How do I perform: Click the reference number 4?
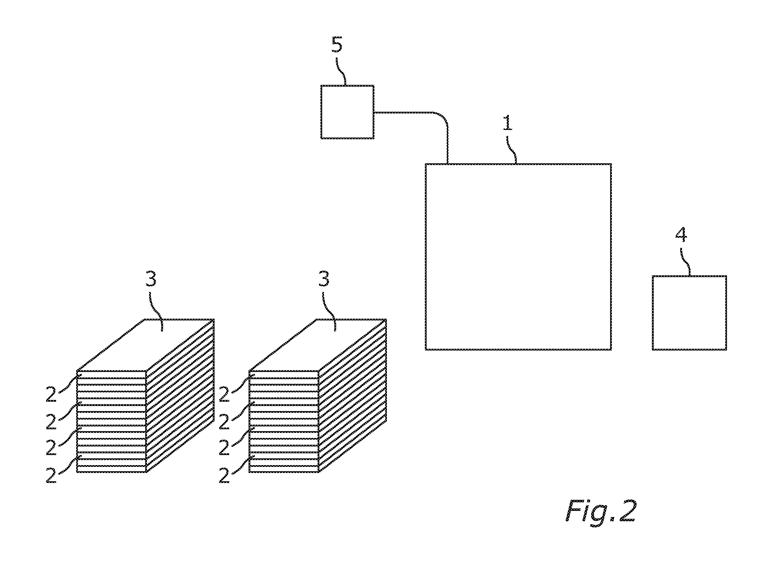pos(681,236)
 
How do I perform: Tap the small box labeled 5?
pos(347,112)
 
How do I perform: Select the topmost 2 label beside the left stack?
pos(51,394)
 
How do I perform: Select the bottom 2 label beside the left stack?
pos(51,474)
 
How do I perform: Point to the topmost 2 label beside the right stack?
pos(224,394)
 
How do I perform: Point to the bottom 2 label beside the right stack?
pos(224,474)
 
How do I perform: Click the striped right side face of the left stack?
pos(180,396)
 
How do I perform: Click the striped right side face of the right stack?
pos(353,396)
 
